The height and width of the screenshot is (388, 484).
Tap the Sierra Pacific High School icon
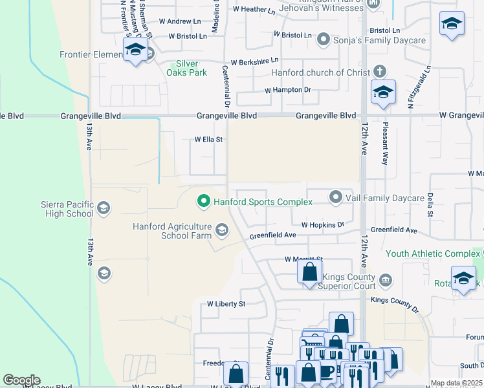coord(104,208)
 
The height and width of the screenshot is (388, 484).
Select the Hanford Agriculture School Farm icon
coord(222,230)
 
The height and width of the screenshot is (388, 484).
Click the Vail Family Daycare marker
coord(335,197)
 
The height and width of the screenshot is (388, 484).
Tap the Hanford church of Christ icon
coord(379,72)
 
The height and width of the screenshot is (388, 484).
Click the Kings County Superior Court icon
coord(386,279)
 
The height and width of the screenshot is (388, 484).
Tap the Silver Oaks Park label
coord(192,69)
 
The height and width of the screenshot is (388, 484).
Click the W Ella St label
coord(208,139)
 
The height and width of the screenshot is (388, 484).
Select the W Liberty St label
coord(226,303)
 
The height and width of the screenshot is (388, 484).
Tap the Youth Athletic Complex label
coord(434,253)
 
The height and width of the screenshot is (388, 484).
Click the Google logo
coord(21,380)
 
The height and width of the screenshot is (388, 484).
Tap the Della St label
coord(429,204)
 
